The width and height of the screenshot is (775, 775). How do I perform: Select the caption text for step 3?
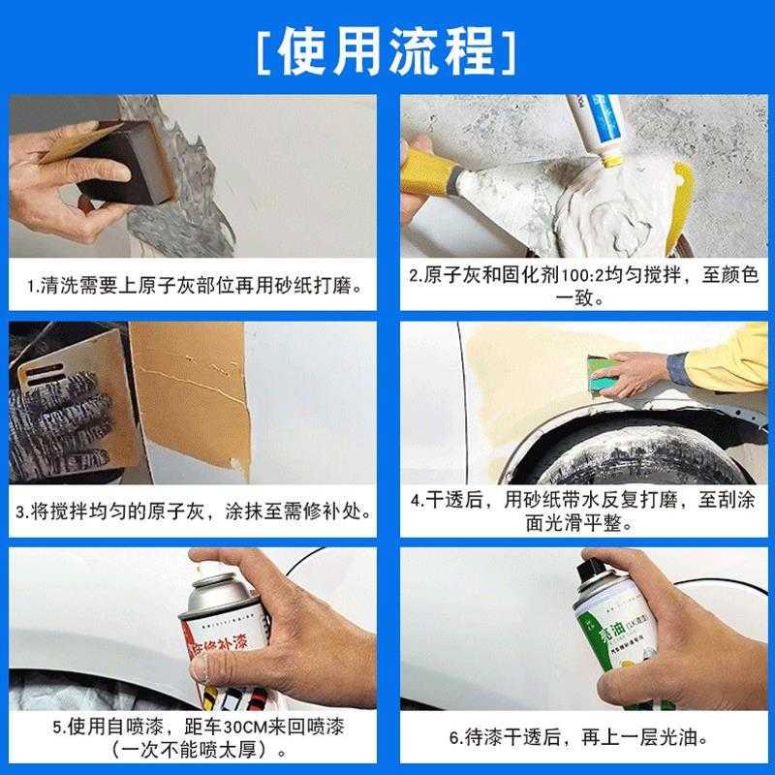tap(193, 511)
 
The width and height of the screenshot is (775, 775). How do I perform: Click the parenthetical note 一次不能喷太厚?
tap(193, 750)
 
